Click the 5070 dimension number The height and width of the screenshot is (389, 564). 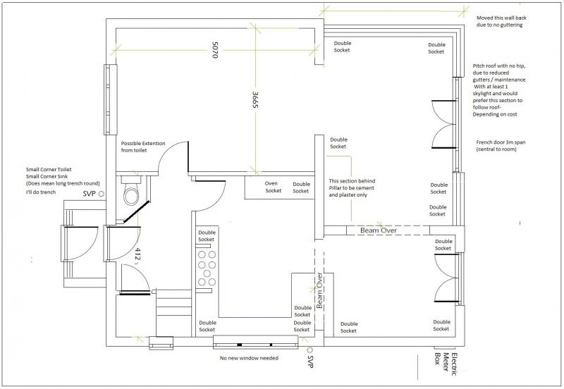coord(215,50)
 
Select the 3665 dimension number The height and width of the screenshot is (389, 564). coord(255,99)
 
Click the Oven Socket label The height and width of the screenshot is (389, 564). coord(273,187)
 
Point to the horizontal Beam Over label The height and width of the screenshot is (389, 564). coord(379,230)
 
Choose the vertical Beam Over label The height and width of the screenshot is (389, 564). coord(319,290)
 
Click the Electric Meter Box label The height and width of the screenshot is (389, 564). coord(446,364)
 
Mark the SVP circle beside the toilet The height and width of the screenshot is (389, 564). coord(102,194)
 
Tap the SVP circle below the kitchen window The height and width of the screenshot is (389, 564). coord(309,350)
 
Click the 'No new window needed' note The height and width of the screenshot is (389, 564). coord(249,358)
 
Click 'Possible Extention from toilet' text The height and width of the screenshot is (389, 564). coord(143,147)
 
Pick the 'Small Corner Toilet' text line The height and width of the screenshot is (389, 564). coord(49,169)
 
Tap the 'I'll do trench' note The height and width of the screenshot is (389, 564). coord(41,192)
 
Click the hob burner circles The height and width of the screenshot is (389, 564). coord(207,268)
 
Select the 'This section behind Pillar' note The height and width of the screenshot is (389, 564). coord(352,187)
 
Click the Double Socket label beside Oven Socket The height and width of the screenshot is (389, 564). coord(301,187)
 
